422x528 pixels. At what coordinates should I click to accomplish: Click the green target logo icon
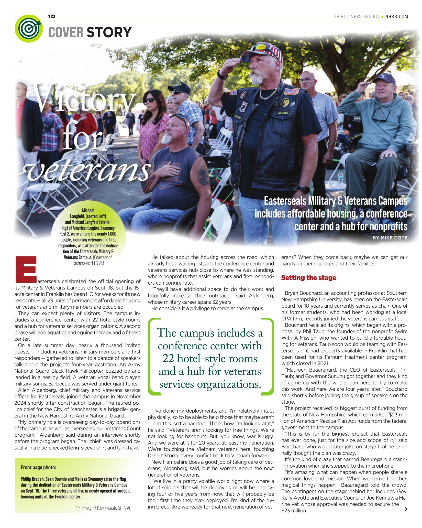pyautogui.click(x=29, y=28)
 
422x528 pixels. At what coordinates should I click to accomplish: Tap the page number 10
pyautogui.click(x=51, y=17)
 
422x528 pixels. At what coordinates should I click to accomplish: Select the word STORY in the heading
pyautogui.click(x=109, y=33)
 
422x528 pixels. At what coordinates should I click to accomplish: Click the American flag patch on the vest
pyautogui.click(x=291, y=91)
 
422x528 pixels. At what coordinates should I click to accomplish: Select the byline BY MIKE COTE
pyautogui.click(x=390, y=238)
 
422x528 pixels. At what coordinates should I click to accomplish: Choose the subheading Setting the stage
pyautogui.click(x=308, y=278)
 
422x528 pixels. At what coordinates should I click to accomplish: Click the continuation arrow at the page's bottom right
pyautogui.click(x=405, y=509)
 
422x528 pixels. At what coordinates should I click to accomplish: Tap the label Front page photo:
pyautogui.click(x=38, y=468)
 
